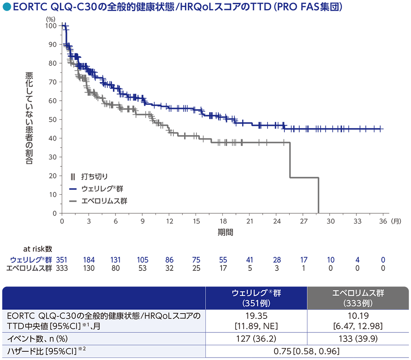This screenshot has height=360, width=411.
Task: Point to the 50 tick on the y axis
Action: click(x=53, y=120)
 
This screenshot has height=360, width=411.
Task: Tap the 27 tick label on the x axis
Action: click(x=304, y=221)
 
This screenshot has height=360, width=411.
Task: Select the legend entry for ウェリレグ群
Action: click(x=97, y=189)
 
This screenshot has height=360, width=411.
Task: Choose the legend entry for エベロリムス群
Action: click(x=99, y=201)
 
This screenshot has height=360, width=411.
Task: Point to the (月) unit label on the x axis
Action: click(x=395, y=221)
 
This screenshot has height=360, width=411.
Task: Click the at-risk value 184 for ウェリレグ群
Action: click(x=88, y=260)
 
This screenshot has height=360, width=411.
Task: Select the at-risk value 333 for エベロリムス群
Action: click(x=62, y=268)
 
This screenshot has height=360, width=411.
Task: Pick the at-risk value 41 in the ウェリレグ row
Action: click(x=249, y=260)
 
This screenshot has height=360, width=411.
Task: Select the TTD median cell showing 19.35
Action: click(x=256, y=321)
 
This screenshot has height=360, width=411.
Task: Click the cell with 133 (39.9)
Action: click(x=358, y=339)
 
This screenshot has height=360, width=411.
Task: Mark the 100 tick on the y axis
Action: click(x=51, y=25)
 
